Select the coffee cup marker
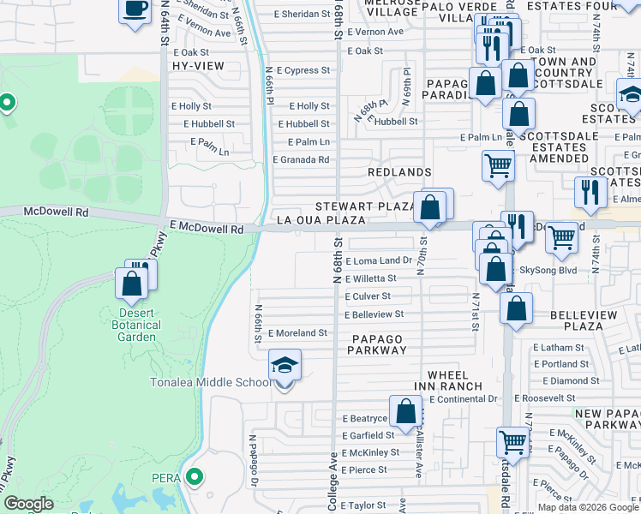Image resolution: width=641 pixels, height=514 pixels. click(x=135, y=10)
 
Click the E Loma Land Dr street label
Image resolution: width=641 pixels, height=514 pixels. click(x=380, y=260)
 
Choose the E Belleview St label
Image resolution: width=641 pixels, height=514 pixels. click(x=374, y=314)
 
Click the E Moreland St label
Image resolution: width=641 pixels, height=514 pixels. click(x=297, y=332)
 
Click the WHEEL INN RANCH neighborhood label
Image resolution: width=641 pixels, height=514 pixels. click(x=448, y=381)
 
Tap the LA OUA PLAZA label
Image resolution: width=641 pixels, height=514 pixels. click(x=321, y=220)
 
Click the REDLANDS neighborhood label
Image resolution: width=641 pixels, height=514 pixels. click(x=398, y=172)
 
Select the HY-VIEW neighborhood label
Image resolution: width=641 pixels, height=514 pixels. click(x=198, y=66)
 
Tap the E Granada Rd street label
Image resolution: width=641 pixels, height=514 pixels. click(x=301, y=159)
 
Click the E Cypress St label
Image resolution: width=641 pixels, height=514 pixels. click(x=302, y=70)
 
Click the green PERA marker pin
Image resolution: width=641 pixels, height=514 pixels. click(x=195, y=476)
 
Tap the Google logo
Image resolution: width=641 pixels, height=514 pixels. click(x=28, y=504)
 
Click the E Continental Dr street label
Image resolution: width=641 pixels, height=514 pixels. click(x=464, y=399)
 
